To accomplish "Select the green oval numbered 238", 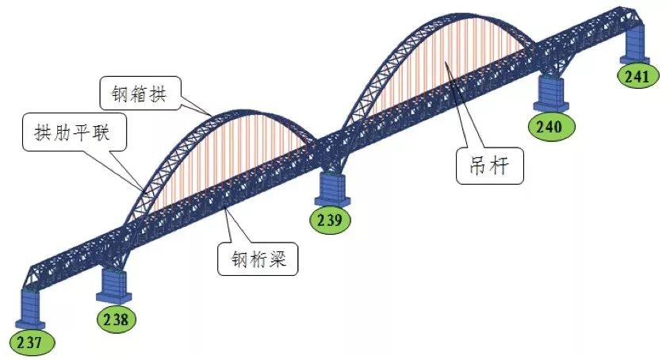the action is pyautogui.click(x=117, y=319).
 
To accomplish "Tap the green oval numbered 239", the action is pyautogui.click(x=331, y=220).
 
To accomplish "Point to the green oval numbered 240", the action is pyautogui.click(x=551, y=127).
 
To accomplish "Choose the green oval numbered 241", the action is pyautogui.click(x=638, y=75).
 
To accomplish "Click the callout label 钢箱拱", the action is pyautogui.click(x=140, y=93).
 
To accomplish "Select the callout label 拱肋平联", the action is pyautogui.click(x=75, y=132).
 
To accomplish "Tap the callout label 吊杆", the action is pyautogui.click(x=489, y=166).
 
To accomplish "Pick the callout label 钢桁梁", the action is pyautogui.click(x=258, y=259).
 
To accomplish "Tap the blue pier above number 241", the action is pyautogui.click(x=634, y=43).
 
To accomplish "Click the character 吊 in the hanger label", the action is pyautogui.click(x=478, y=166).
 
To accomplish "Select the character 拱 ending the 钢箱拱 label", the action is pyautogui.click(x=157, y=94).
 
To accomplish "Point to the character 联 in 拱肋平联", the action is pyautogui.click(x=101, y=132).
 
